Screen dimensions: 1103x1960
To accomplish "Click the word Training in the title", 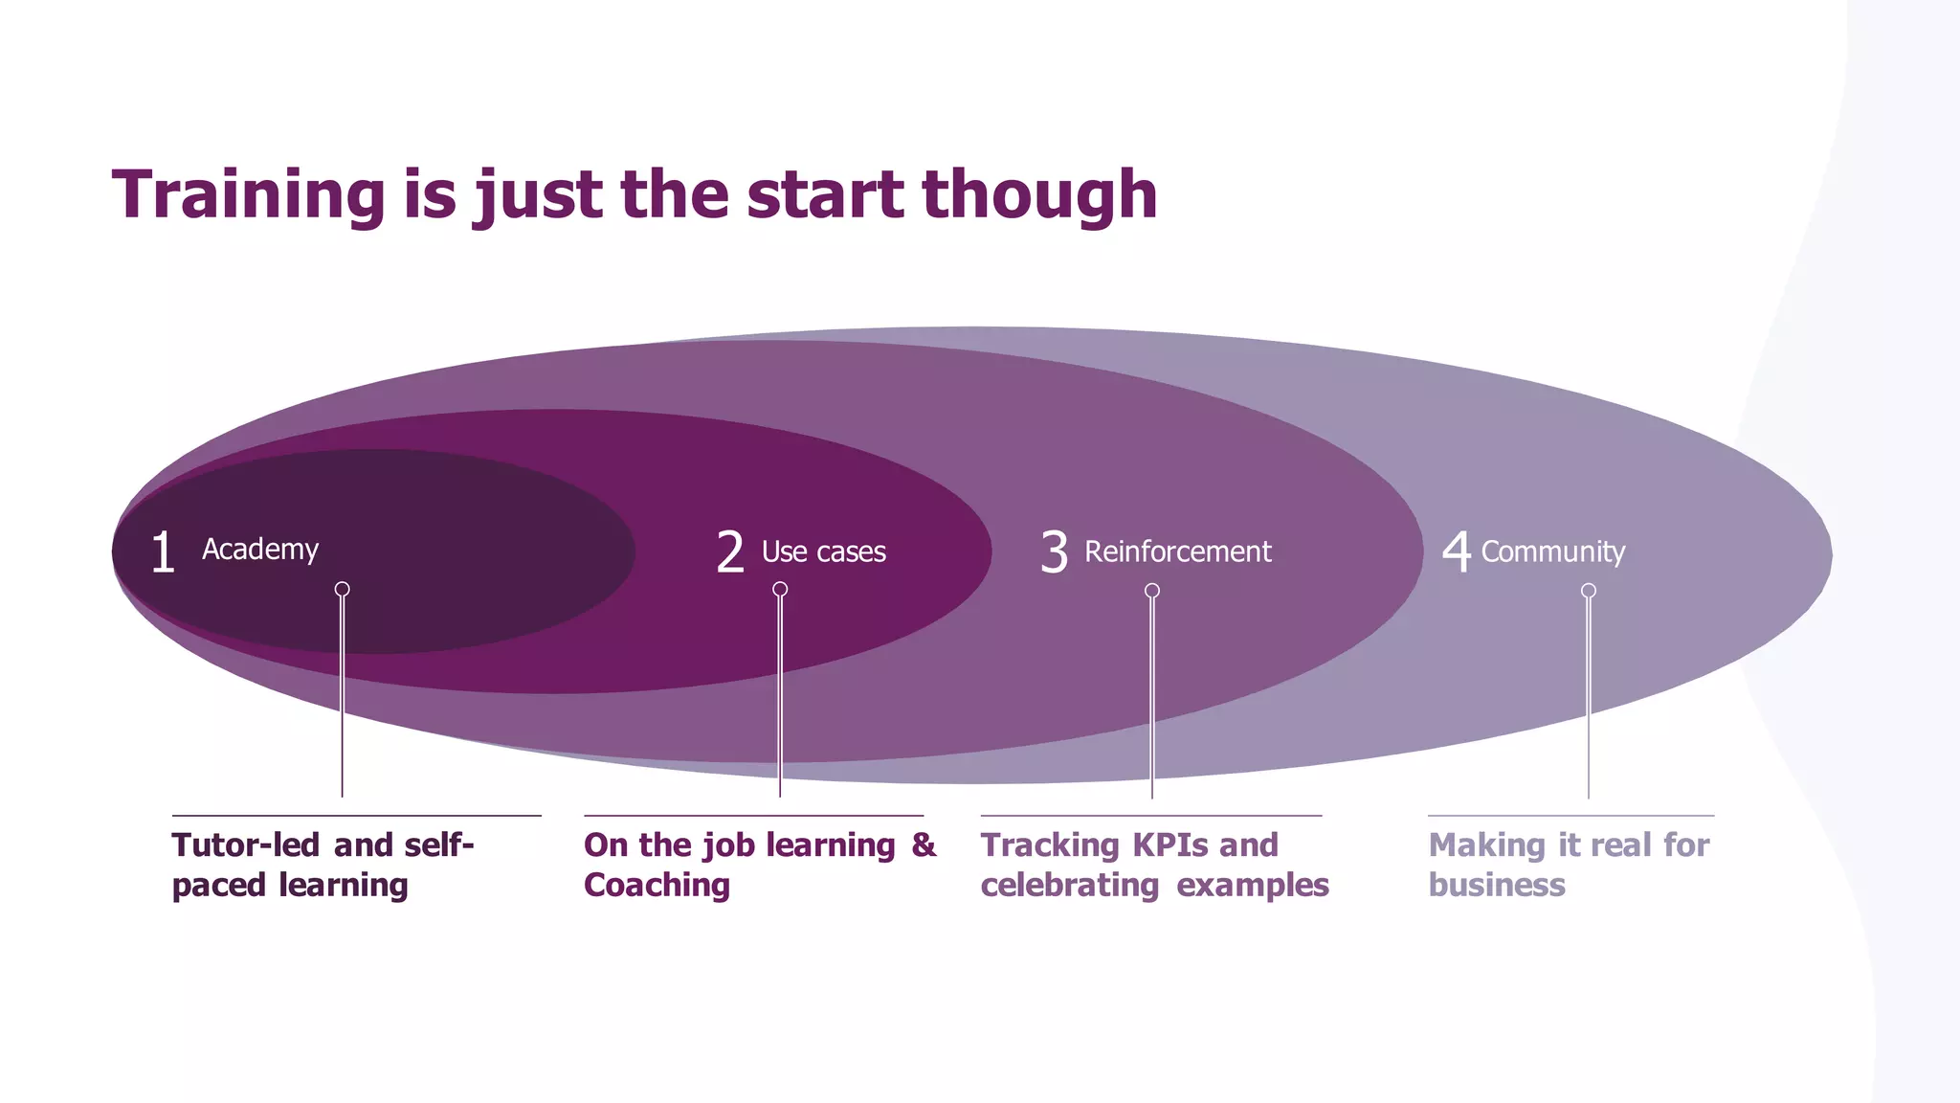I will (x=248, y=195).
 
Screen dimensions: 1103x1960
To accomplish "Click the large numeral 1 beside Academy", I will (x=163, y=552).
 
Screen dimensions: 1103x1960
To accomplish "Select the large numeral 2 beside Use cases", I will (x=729, y=552).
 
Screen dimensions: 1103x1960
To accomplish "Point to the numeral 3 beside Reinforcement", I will (x=1054, y=552).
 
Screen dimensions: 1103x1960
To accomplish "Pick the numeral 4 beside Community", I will (x=1456, y=551).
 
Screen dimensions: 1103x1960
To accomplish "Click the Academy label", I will (x=260, y=550).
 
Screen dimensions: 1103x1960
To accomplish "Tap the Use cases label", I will (x=823, y=551).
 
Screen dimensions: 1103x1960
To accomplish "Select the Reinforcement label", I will (x=1177, y=551).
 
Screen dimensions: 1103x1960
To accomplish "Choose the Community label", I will (x=1552, y=551).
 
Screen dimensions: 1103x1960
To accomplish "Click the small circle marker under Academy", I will (x=342, y=589).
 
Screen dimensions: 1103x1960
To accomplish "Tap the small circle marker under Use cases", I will (x=780, y=589).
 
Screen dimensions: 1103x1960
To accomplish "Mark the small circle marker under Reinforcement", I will (x=1152, y=591).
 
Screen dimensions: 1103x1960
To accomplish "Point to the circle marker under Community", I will (x=1589, y=591).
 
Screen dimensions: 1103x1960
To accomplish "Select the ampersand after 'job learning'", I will (x=924, y=844).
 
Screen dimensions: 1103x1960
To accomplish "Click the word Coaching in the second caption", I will (x=657, y=886).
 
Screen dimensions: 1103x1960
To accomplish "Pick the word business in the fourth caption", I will (x=1497, y=886).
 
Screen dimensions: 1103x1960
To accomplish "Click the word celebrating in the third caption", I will (x=1070, y=886).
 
